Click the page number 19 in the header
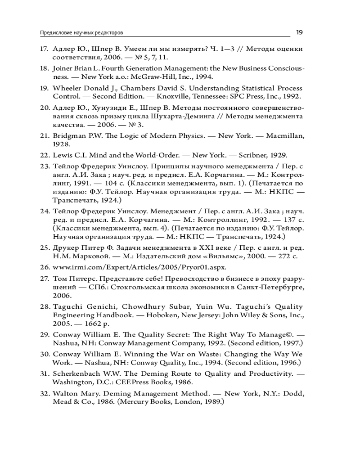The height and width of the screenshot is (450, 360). point(299,32)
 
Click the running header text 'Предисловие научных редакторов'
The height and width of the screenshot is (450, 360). point(82,33)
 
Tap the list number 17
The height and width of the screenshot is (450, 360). point(44,49)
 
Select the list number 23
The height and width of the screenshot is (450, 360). point(44,166)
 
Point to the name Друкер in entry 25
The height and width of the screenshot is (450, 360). point(64,247)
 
